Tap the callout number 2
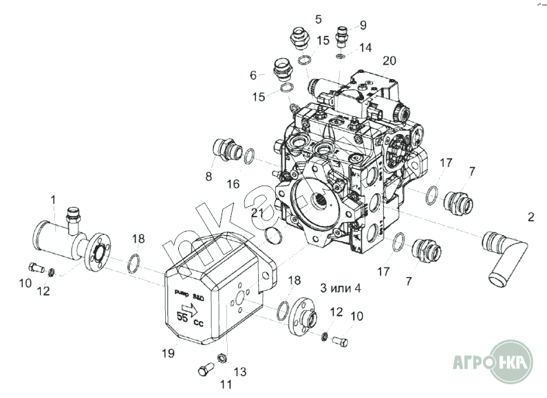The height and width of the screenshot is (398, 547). point(530,218)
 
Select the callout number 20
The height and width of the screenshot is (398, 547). point(389,60)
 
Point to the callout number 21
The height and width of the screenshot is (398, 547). point(257,212)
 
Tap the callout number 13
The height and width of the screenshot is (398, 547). point(239,371)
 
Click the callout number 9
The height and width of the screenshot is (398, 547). point(364,25)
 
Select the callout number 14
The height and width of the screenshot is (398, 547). point(365,47)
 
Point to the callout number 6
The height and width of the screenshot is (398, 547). point(253,74)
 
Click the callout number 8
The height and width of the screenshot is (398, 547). point(208,177)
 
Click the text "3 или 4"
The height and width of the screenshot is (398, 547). point(340,287)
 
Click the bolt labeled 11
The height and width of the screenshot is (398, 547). point(204,371)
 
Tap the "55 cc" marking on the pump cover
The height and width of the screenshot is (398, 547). point(187,319)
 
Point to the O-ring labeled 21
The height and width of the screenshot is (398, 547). point(273,236)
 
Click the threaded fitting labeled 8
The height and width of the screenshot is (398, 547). point(225,149)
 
